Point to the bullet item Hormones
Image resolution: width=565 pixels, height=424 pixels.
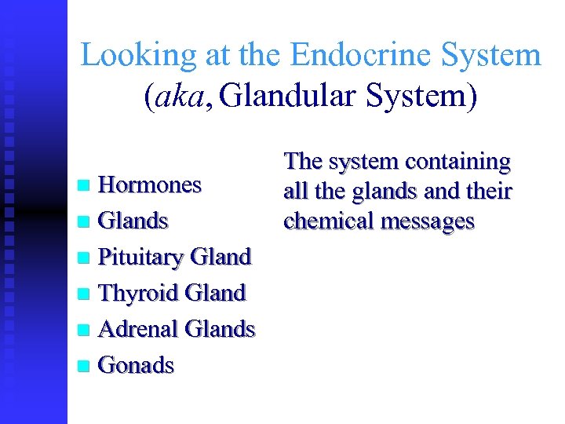pos(149,185)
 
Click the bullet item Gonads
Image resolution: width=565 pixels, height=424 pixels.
pos(136,365)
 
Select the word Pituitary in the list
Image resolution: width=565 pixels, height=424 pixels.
pos(140,257)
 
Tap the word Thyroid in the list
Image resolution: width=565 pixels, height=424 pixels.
pos(137,293)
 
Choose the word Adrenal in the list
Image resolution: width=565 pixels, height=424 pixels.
pos(137,329)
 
